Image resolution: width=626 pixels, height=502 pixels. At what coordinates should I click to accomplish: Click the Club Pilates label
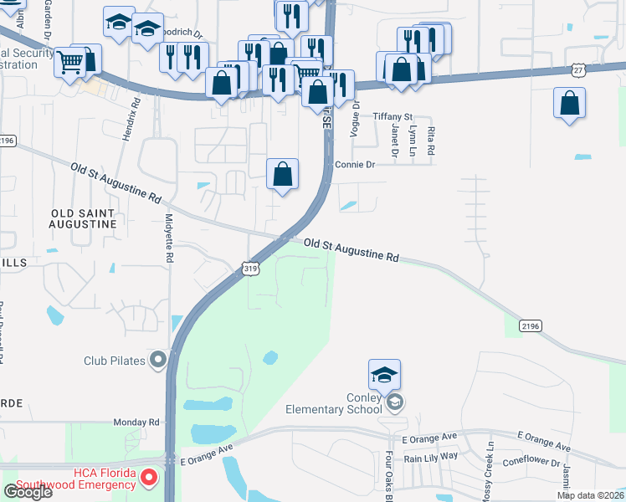coord(114,361)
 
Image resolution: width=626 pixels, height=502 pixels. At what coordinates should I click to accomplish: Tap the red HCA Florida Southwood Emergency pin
coord(149,479)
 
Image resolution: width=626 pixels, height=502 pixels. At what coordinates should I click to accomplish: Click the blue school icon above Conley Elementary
coord(384,375)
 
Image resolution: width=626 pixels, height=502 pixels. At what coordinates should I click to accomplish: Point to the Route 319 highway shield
coord(249,268)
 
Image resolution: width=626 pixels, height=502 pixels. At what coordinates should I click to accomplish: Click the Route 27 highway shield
coord(579,72)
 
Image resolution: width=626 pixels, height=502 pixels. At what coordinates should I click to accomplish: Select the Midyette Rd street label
coord(168,239)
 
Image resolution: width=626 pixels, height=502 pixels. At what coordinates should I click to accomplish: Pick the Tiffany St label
coord(393,117)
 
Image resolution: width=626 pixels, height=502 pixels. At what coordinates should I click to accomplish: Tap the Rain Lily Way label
coord(431,457)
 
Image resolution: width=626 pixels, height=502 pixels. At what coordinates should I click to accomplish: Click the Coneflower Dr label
coord(531,462)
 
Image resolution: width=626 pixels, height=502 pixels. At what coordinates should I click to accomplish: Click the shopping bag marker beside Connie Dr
coord(283,175)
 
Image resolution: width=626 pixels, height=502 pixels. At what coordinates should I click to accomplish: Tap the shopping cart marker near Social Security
coord(69,61)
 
